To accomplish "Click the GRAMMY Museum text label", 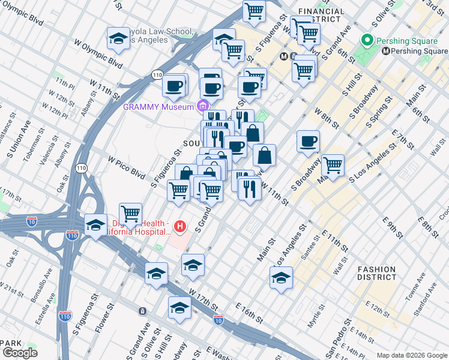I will pyautogui.click(x=158, y=107).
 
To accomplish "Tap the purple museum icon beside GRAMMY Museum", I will pyautogui.click(x=203, y=107).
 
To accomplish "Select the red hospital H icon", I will pyautogui.click(x=179, y=226).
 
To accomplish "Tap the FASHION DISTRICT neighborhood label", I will pyautogui.click(x=376, y=274).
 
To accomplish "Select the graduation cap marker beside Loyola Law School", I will pyautogui.click(x=119, y=38).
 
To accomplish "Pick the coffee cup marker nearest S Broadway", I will pyautogui.click(x=308, y=142).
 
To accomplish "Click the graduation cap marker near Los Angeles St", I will pyautogui.click(x=280, y=277).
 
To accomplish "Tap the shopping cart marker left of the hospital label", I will pyautogui.click(x=130, y=214).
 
